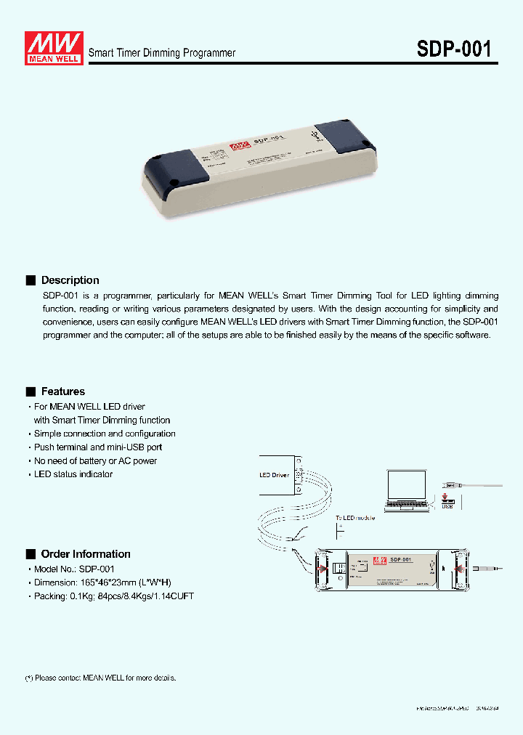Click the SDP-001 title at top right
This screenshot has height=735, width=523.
pos(454,49)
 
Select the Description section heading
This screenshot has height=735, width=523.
pos(70,280)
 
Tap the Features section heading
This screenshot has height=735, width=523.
pos(62,391)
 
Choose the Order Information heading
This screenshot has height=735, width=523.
pos(86,554)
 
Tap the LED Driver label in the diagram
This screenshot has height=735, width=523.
pos(275,476)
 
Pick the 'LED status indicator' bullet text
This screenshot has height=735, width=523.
pos(73,474)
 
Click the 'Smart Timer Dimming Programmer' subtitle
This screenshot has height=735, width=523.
pos(162,53)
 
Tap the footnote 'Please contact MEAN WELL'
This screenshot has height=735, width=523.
pos(102,678)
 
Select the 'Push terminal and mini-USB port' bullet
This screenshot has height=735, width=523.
pos(98,447)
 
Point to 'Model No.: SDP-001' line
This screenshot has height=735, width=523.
pos(74,569)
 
